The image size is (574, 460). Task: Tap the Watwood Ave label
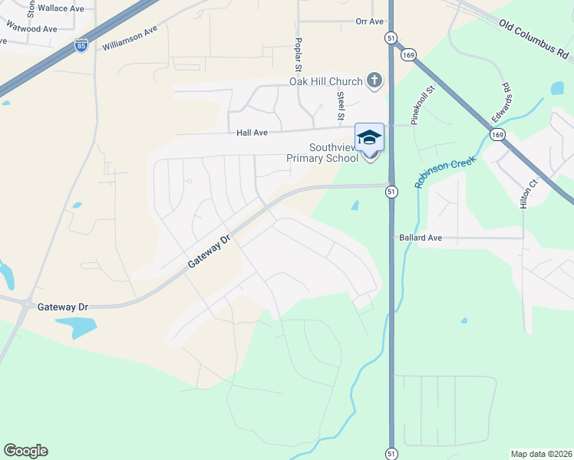tap(31, 29)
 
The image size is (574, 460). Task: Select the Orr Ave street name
tap(369, 21)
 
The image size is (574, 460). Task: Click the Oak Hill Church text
tap(325, 81)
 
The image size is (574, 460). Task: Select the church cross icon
tap(374, 80)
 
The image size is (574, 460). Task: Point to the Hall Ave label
tap(252, 133)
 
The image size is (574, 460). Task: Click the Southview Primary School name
tap(322, 153)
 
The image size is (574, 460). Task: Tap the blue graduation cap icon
tap(369, 136)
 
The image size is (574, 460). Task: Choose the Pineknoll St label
tap(423, 105)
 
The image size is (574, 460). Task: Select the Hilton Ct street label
tap(526, 191)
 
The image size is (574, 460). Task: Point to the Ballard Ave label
tap(421, 238)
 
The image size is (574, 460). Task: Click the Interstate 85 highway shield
tap(81, 46)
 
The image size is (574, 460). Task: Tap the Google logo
tap(25, 451)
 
